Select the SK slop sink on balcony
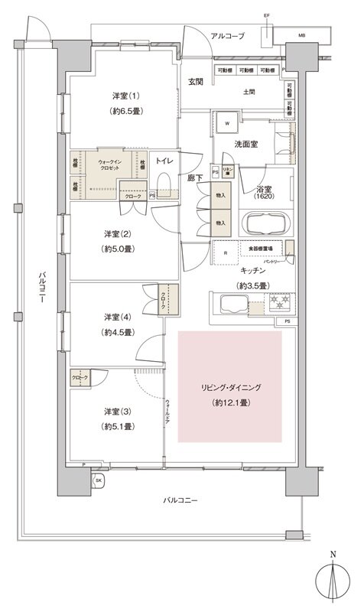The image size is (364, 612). (x=99, y=480)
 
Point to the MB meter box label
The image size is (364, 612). (x=302, y=35)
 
